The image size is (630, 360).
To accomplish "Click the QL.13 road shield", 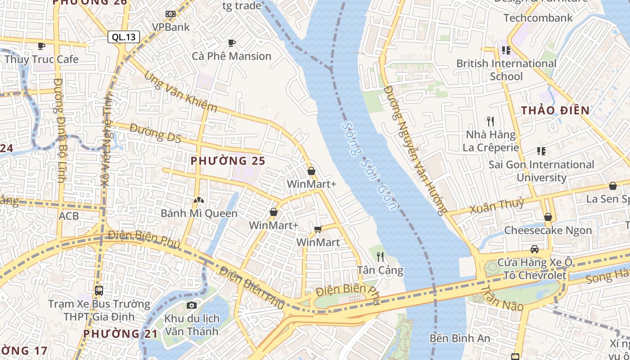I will tap(124, 37).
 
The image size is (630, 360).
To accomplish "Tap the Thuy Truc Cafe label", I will tap(41, 59).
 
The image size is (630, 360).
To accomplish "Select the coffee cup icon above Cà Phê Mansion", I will tap(232, 43).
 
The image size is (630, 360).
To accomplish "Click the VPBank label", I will tap(171, 27).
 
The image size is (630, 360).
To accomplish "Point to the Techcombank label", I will tap(538, 18).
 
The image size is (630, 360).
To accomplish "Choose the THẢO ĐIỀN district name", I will tap(555, 110).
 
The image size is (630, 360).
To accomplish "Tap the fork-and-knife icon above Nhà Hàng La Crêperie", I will tap(490, 121).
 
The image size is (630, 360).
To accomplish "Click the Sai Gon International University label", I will tap(541, 171).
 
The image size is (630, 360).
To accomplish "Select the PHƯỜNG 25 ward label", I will tap(228, 161).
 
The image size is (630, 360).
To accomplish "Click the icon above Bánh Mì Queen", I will tap(198, 200).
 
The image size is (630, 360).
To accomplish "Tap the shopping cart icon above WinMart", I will tap(318, 229).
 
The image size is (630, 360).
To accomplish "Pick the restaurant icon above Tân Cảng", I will tap(380, 256).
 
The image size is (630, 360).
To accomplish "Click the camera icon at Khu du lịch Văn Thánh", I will tap(192, 306).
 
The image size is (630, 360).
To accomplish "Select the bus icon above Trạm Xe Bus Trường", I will tap(99, 291).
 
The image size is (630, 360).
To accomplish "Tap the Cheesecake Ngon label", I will tap(548, 230).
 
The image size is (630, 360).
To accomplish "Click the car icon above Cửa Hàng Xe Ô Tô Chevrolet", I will tap(534, 249).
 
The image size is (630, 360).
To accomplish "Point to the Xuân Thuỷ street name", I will tap(497, 206).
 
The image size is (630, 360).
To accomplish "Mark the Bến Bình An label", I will tap(459, 338).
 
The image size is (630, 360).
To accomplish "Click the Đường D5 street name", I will tap(155, 134).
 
